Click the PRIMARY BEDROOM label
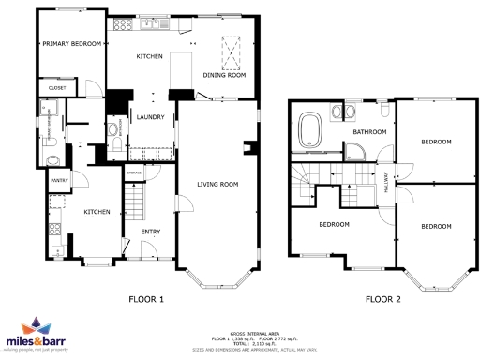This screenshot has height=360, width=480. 69,43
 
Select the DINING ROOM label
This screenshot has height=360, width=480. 224,75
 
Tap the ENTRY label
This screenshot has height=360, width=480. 150,230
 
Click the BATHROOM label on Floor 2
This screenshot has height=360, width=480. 369,132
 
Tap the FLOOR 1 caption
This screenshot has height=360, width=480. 146,300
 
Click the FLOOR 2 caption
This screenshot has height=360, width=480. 383,300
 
